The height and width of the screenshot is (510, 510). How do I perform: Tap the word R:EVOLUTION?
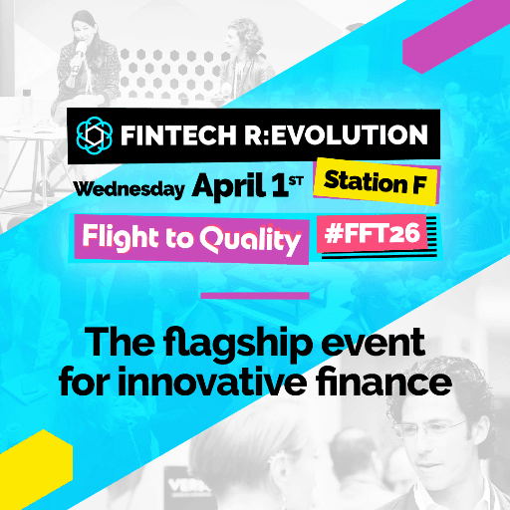339,134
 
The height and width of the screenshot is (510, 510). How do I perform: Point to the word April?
224,184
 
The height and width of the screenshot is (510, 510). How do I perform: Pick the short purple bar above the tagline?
254,295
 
